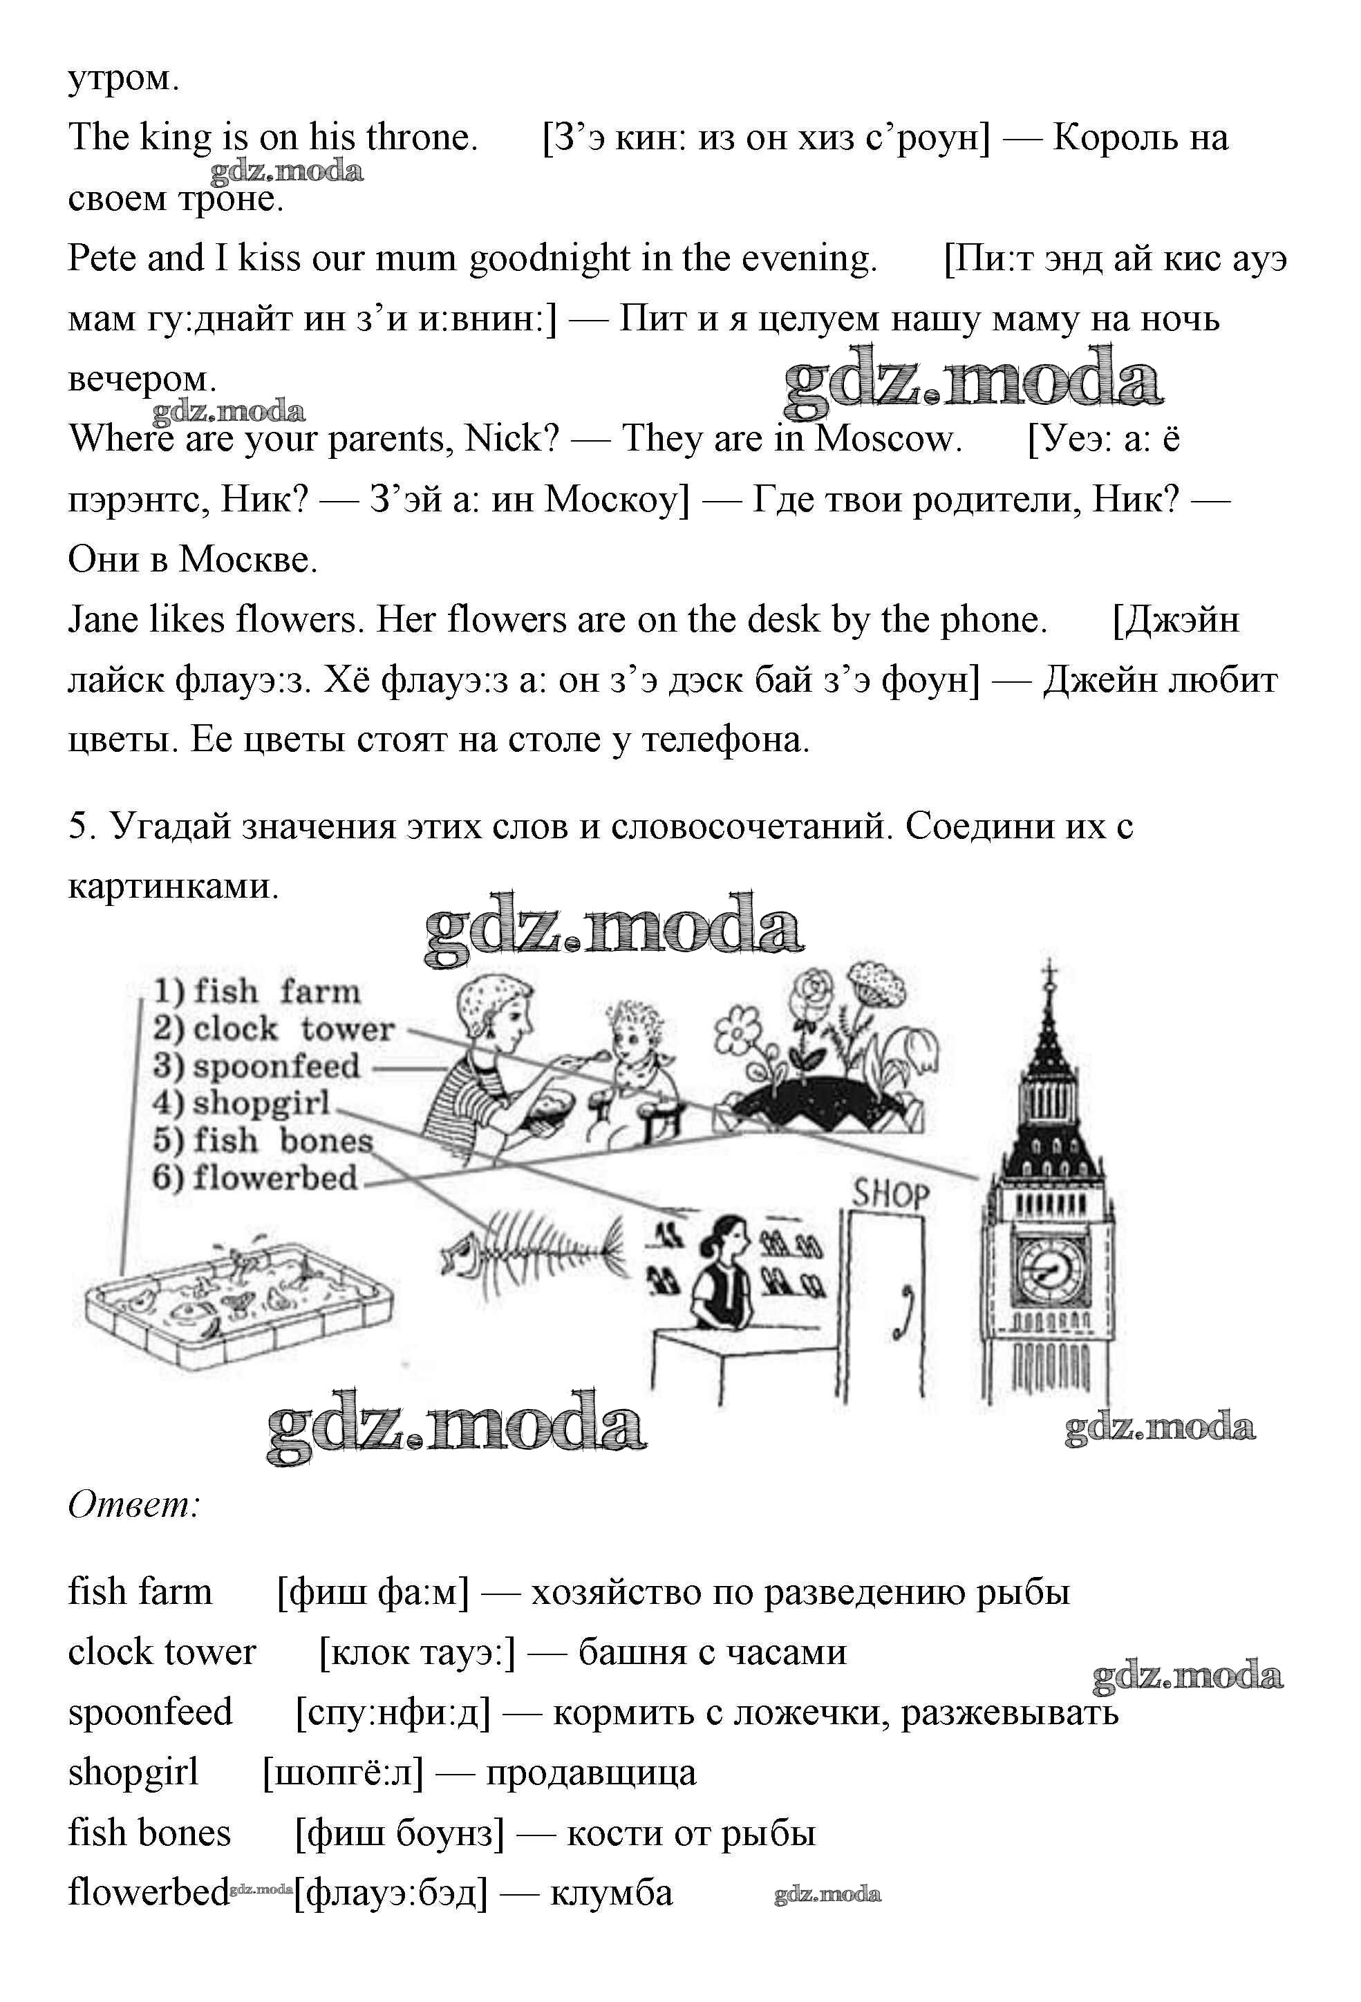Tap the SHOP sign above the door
(x=891, y=1194)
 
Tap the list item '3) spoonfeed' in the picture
(x=256, y=1066)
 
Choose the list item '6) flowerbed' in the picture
(x=254, y=1177)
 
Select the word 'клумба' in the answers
(x=611, y=1893)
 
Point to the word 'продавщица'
(x=591, y=1772)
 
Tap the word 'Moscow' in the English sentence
(x=888, y=440)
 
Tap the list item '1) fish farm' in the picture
(x=256, y=992)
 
